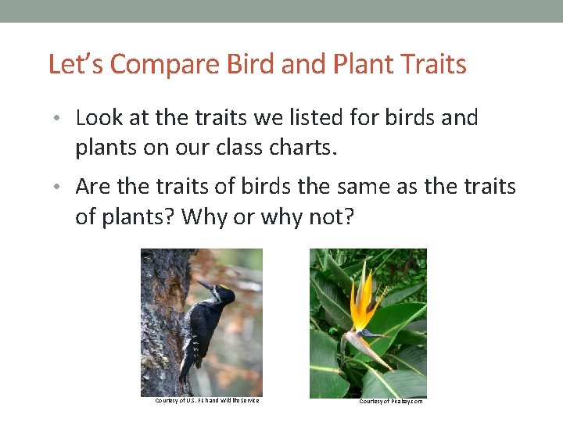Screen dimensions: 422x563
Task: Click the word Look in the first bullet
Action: pyautogui.click(x=99, y=118)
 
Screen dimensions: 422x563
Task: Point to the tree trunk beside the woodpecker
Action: pyautogui.click(x=160, y=328)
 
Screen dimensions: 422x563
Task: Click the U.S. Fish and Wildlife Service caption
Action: pyautogui.click(x=206, y=401)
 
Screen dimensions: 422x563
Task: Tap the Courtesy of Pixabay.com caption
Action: pyautogui.click(x=391, y=401)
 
